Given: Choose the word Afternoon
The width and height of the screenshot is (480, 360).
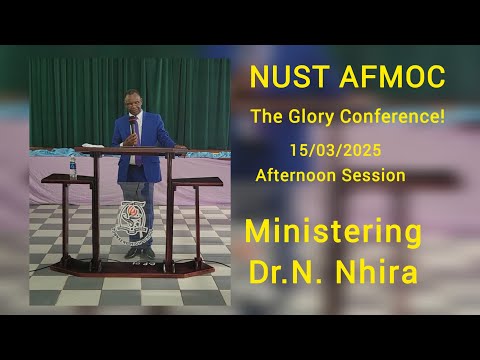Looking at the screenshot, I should pyautogui.click(x=298, y=175).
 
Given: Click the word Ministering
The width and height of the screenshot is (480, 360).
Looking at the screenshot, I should pyautogui.click(x=333, y=233).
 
